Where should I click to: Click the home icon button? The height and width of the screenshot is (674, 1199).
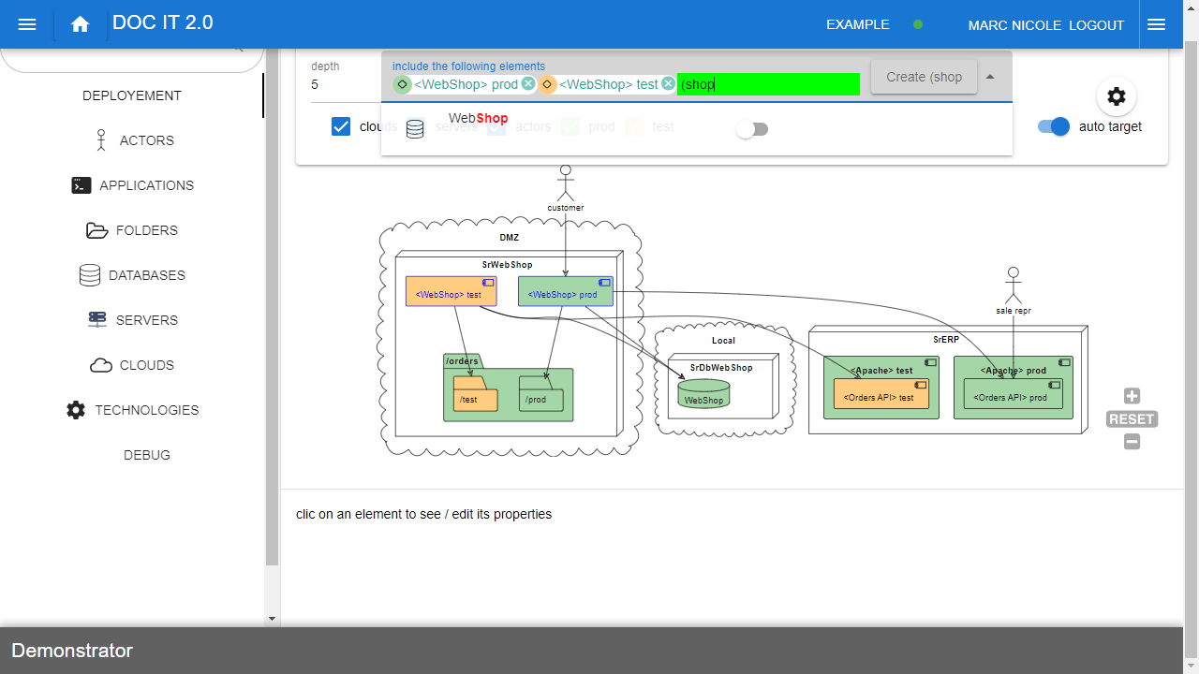(80, 25)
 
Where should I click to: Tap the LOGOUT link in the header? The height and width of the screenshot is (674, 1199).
(1096, 25)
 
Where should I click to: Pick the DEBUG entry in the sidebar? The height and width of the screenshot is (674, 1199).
(147, 455)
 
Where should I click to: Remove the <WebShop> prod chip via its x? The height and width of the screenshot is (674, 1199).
(528, 84)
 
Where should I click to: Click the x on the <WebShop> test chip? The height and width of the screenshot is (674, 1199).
(668, 84)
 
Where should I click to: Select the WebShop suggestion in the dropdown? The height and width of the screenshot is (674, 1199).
(478, 119)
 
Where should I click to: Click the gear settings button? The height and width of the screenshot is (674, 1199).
(1116, 96)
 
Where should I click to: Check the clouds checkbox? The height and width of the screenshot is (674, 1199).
(341, 126)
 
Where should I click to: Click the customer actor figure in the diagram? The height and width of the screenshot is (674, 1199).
(565, 183)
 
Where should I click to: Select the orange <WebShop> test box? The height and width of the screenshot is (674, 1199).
(451, 291)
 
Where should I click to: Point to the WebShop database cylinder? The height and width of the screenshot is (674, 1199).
(703, 394)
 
